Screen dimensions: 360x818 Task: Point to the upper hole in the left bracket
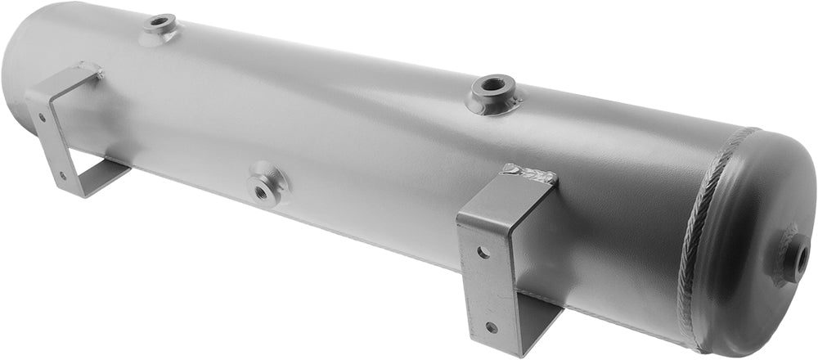click(x=42, y=117)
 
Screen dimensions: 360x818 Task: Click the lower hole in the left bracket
click(x=63, y=173)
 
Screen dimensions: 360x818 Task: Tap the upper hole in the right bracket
click(x=483, y=252)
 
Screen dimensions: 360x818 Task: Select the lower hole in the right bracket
click(x=491, y=327)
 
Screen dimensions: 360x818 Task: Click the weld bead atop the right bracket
click(x=529, y=172)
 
